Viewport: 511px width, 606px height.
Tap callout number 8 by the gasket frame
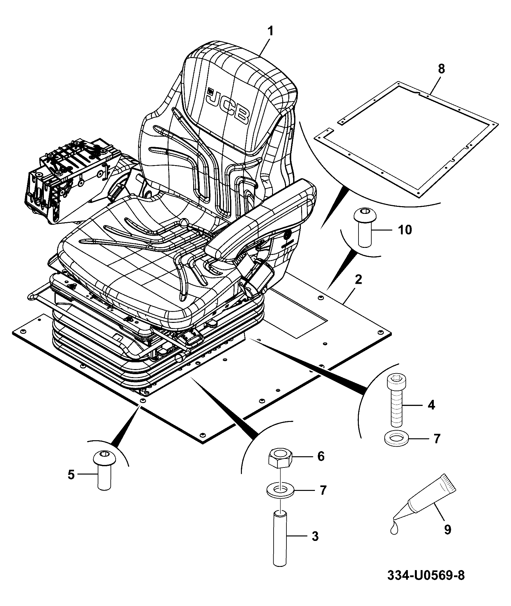(441, 69)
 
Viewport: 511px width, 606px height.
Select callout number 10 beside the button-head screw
(404, 230)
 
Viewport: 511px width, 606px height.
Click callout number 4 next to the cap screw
(431, 405)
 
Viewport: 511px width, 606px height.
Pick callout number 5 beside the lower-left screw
(71, 474)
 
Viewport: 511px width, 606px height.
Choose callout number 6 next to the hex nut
(321, 456)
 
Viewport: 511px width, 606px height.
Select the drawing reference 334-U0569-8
(426, 575)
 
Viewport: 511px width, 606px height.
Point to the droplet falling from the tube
(394, 528)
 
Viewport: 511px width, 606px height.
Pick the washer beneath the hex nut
(280, 491)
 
